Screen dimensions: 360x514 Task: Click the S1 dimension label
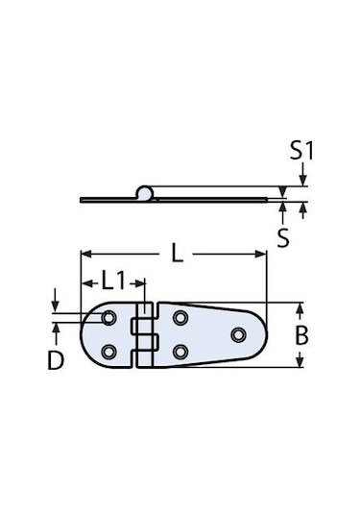(301, 151)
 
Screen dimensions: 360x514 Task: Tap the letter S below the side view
(283, 237)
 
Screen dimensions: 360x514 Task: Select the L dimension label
(177, 254)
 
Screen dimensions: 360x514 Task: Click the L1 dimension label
(113, 281)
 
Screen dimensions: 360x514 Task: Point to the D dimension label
(56, 360)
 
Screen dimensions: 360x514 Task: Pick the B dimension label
(301, 335)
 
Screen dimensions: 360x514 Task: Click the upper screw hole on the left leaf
(108, 317)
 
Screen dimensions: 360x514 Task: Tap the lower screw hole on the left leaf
(108, 353)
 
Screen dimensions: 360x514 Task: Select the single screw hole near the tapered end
(238, 334)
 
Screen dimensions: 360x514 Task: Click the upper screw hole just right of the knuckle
(180, 318)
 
